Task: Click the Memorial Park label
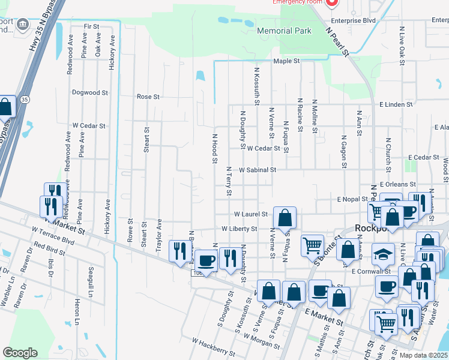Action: click(x=284, y=31)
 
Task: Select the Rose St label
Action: click(x=148, y=96)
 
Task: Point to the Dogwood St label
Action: click(x=89, y=93)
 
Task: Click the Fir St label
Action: click(x=91, y=26)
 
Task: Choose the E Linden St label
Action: click(x=396, y=104)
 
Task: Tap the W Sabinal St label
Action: click(x=257, y=170)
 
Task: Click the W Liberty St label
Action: click(x=239, y=229)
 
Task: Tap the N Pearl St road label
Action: click(x=337, y=41)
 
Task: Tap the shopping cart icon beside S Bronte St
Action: click(x=312, y=245)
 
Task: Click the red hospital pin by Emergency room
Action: click(x=332, y=2)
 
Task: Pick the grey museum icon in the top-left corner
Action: click(x=23, y=24)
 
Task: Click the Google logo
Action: click(x=20, y=353)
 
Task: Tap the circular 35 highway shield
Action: click(x=24, y=100)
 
